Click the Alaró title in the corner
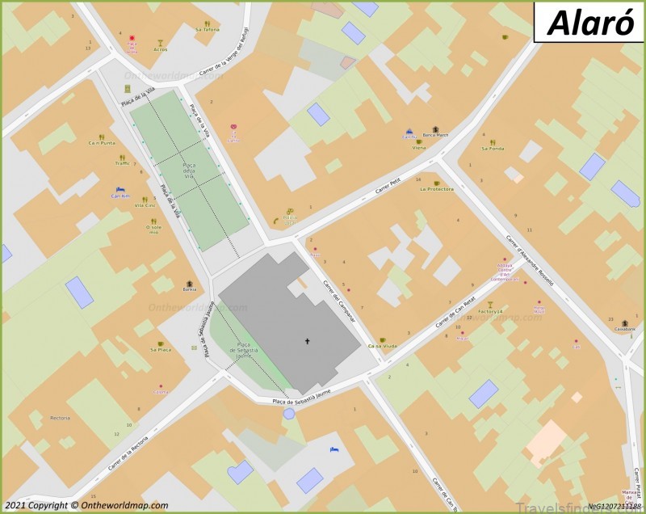[589, 23]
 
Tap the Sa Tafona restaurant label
[207, 29]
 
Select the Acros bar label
[161, 49]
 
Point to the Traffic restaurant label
[122, 163]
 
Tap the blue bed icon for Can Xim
[120, 190]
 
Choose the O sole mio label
[153, 230]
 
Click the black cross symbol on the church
[307, 341]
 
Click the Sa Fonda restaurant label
[493, 149]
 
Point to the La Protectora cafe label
[437, 189]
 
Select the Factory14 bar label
[489, 311]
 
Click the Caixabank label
[625, 329]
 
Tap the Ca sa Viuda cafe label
[382, 346]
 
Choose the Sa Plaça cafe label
[160, 350]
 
